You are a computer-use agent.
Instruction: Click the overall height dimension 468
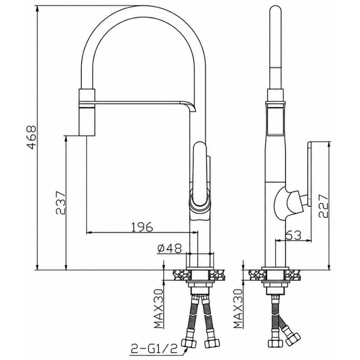tap(30, 137)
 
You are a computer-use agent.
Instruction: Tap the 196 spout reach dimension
tap(141, 227)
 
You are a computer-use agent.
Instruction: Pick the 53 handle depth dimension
tap(293, 235)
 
